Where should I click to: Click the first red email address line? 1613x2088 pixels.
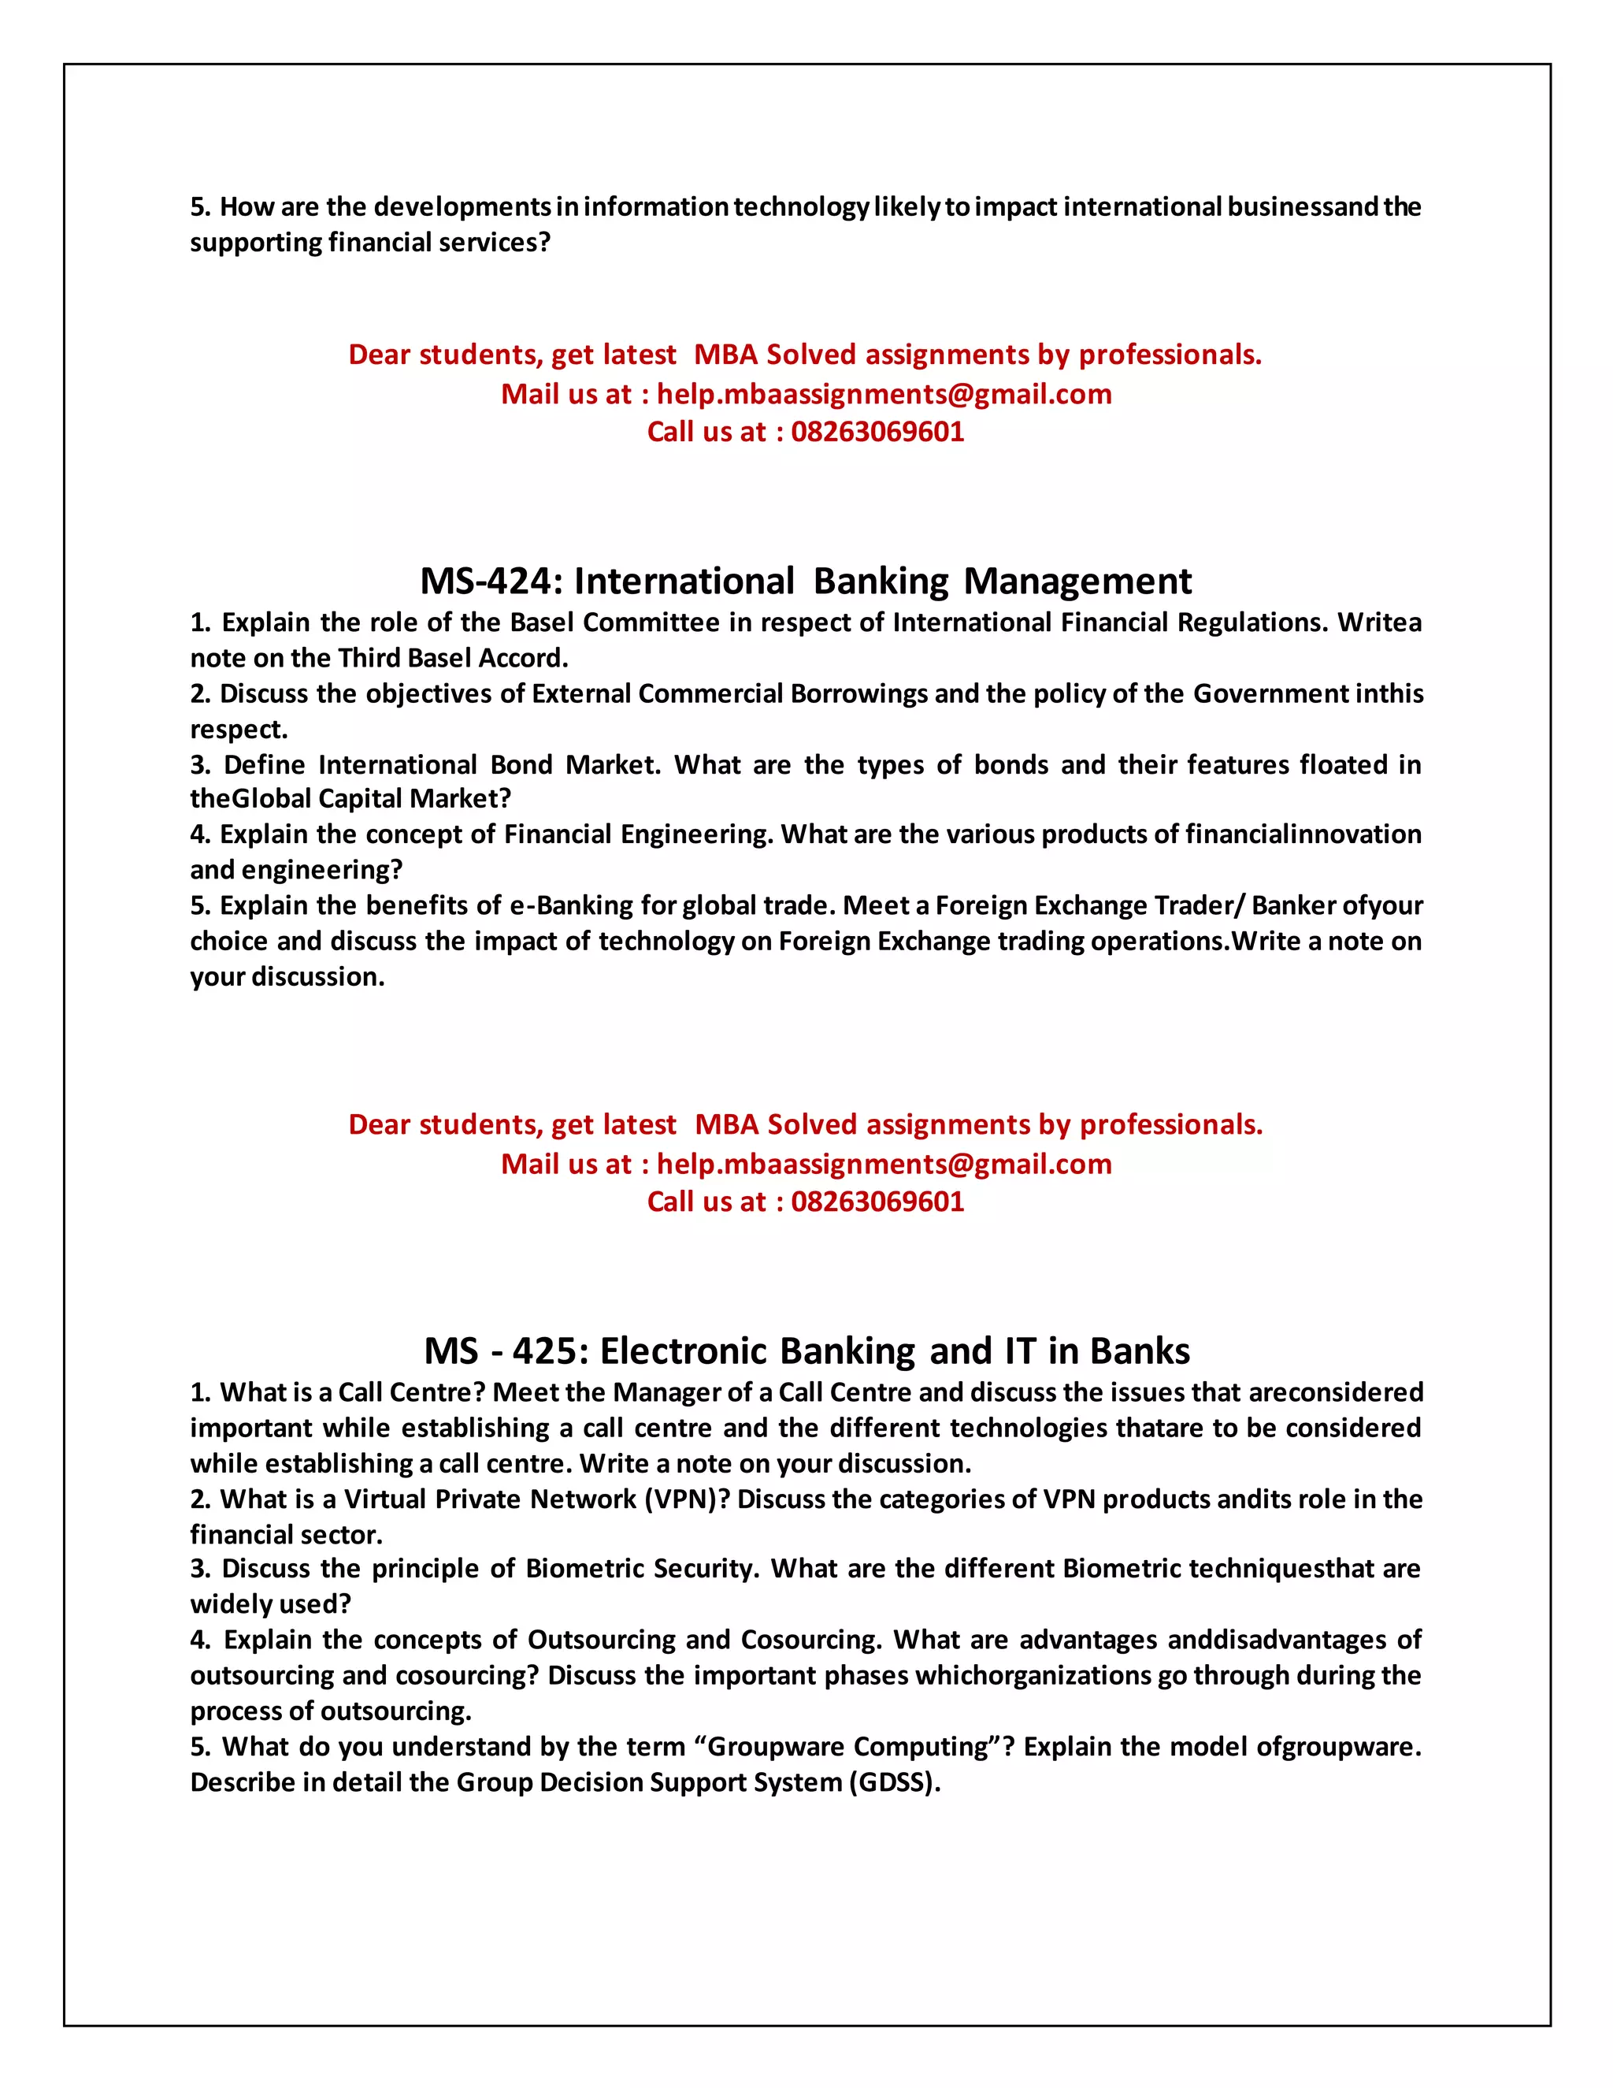(x=884, y=394)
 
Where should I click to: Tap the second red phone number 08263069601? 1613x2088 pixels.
(x=877, y=1202)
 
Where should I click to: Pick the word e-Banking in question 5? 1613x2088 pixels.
(x=580, y=905)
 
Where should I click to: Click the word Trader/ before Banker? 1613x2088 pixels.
(x=1200, y=905)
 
